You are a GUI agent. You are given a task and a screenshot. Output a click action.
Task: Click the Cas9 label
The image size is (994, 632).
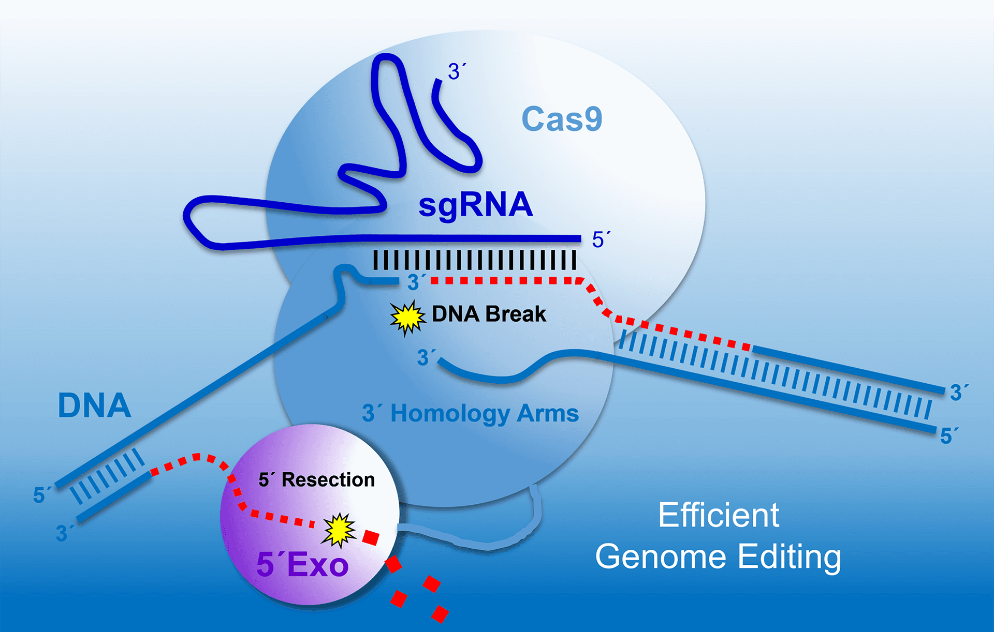pos(562,119)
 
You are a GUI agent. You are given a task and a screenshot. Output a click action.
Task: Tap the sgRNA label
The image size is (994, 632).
pos(475,205)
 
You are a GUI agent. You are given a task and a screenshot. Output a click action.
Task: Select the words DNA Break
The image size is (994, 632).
pos(489,314)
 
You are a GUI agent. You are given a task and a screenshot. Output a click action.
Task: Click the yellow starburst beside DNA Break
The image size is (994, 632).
pos(407,317)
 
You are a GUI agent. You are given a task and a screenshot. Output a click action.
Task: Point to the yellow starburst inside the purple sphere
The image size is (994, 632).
pos(339,530)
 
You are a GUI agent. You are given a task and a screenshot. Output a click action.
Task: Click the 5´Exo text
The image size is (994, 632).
pos(302,564)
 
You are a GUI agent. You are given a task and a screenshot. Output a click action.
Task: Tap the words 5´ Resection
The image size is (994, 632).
pos(317,480)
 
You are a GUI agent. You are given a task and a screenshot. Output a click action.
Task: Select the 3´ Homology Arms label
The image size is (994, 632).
pos(470,414)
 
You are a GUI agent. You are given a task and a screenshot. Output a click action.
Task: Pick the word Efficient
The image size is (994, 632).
pos(719,516)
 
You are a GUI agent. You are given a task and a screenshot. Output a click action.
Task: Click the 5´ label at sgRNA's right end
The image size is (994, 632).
pos(601,240)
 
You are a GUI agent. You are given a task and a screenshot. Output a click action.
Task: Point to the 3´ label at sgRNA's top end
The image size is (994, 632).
pos(456,71)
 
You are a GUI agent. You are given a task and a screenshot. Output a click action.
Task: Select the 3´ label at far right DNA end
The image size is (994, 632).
pos(958,393)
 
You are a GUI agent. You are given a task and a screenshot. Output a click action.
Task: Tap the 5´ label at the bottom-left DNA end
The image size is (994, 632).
pos(41,495)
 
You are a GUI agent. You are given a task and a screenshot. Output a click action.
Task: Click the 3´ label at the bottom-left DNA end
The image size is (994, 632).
pos(64,533)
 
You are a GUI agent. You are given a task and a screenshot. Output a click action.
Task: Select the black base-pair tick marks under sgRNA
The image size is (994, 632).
pos(474,260)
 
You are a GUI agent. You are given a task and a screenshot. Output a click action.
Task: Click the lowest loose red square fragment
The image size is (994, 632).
pos(440,614)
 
